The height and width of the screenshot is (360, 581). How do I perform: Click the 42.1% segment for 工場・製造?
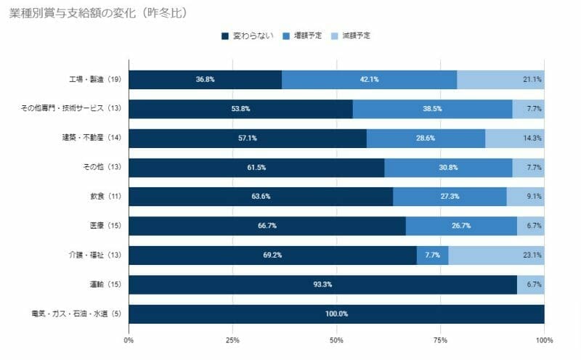369,80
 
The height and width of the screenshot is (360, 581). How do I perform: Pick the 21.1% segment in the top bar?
500,80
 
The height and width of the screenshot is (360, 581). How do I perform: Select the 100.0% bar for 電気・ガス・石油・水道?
336,314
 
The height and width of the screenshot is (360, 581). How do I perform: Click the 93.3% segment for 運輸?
322,285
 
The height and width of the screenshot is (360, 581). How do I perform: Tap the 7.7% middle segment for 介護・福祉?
432,255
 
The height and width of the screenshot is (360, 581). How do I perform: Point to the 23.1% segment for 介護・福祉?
496,255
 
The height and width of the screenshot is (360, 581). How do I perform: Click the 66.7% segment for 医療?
267,226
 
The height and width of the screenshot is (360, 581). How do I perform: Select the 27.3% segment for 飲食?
450,197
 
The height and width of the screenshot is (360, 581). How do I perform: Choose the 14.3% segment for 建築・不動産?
514,138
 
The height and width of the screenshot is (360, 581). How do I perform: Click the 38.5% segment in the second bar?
432,109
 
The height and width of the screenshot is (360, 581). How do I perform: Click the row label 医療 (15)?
103,226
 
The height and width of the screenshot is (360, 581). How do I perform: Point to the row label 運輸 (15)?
103,285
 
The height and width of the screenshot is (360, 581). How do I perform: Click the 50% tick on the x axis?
336,340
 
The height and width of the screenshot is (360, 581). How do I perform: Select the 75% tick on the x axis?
440,340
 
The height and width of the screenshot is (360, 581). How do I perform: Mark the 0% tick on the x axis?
129,340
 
